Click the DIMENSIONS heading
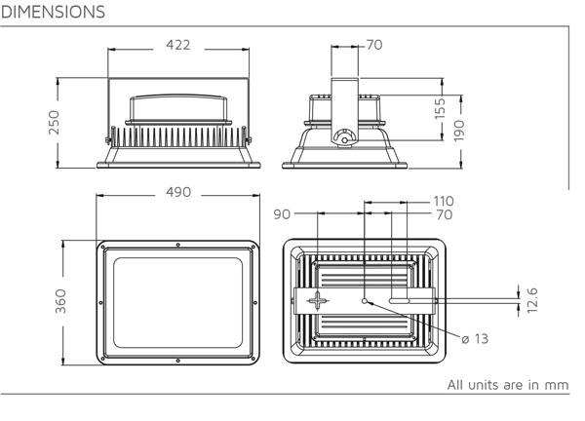click(53, 12)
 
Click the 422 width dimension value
click(178, 45)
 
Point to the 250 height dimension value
click(54, 122)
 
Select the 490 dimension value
click(178, 192)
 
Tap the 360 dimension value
click(60, 301)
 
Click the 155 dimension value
click(441, 108)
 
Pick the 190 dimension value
click(459, 131)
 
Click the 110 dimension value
click(444, 202)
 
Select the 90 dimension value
click(282, 214)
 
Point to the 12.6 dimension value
click(532, 300)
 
